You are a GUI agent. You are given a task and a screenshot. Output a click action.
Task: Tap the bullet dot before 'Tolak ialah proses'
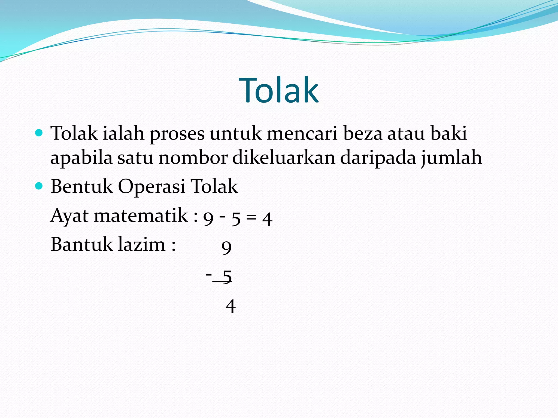[x=39, y=133]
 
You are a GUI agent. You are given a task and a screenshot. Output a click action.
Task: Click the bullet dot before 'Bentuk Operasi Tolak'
[x=39, y=186]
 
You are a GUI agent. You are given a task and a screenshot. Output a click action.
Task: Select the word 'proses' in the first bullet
[x=177, y=134]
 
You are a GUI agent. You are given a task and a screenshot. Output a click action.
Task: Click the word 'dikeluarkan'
[x=284, y=158]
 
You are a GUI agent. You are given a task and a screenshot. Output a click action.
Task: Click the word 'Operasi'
[x=151, y=187]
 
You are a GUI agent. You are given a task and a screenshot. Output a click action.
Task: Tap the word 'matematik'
[x=141, y=216]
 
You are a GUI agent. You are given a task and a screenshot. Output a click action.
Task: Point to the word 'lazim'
[x=142, y=244]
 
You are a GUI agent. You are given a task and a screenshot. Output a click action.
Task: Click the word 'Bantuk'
[x=82, y=244]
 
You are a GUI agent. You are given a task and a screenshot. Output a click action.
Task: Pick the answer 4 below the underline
[x=231, y=306]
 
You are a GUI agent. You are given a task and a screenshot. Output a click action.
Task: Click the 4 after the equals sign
[x=267, y=219]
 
